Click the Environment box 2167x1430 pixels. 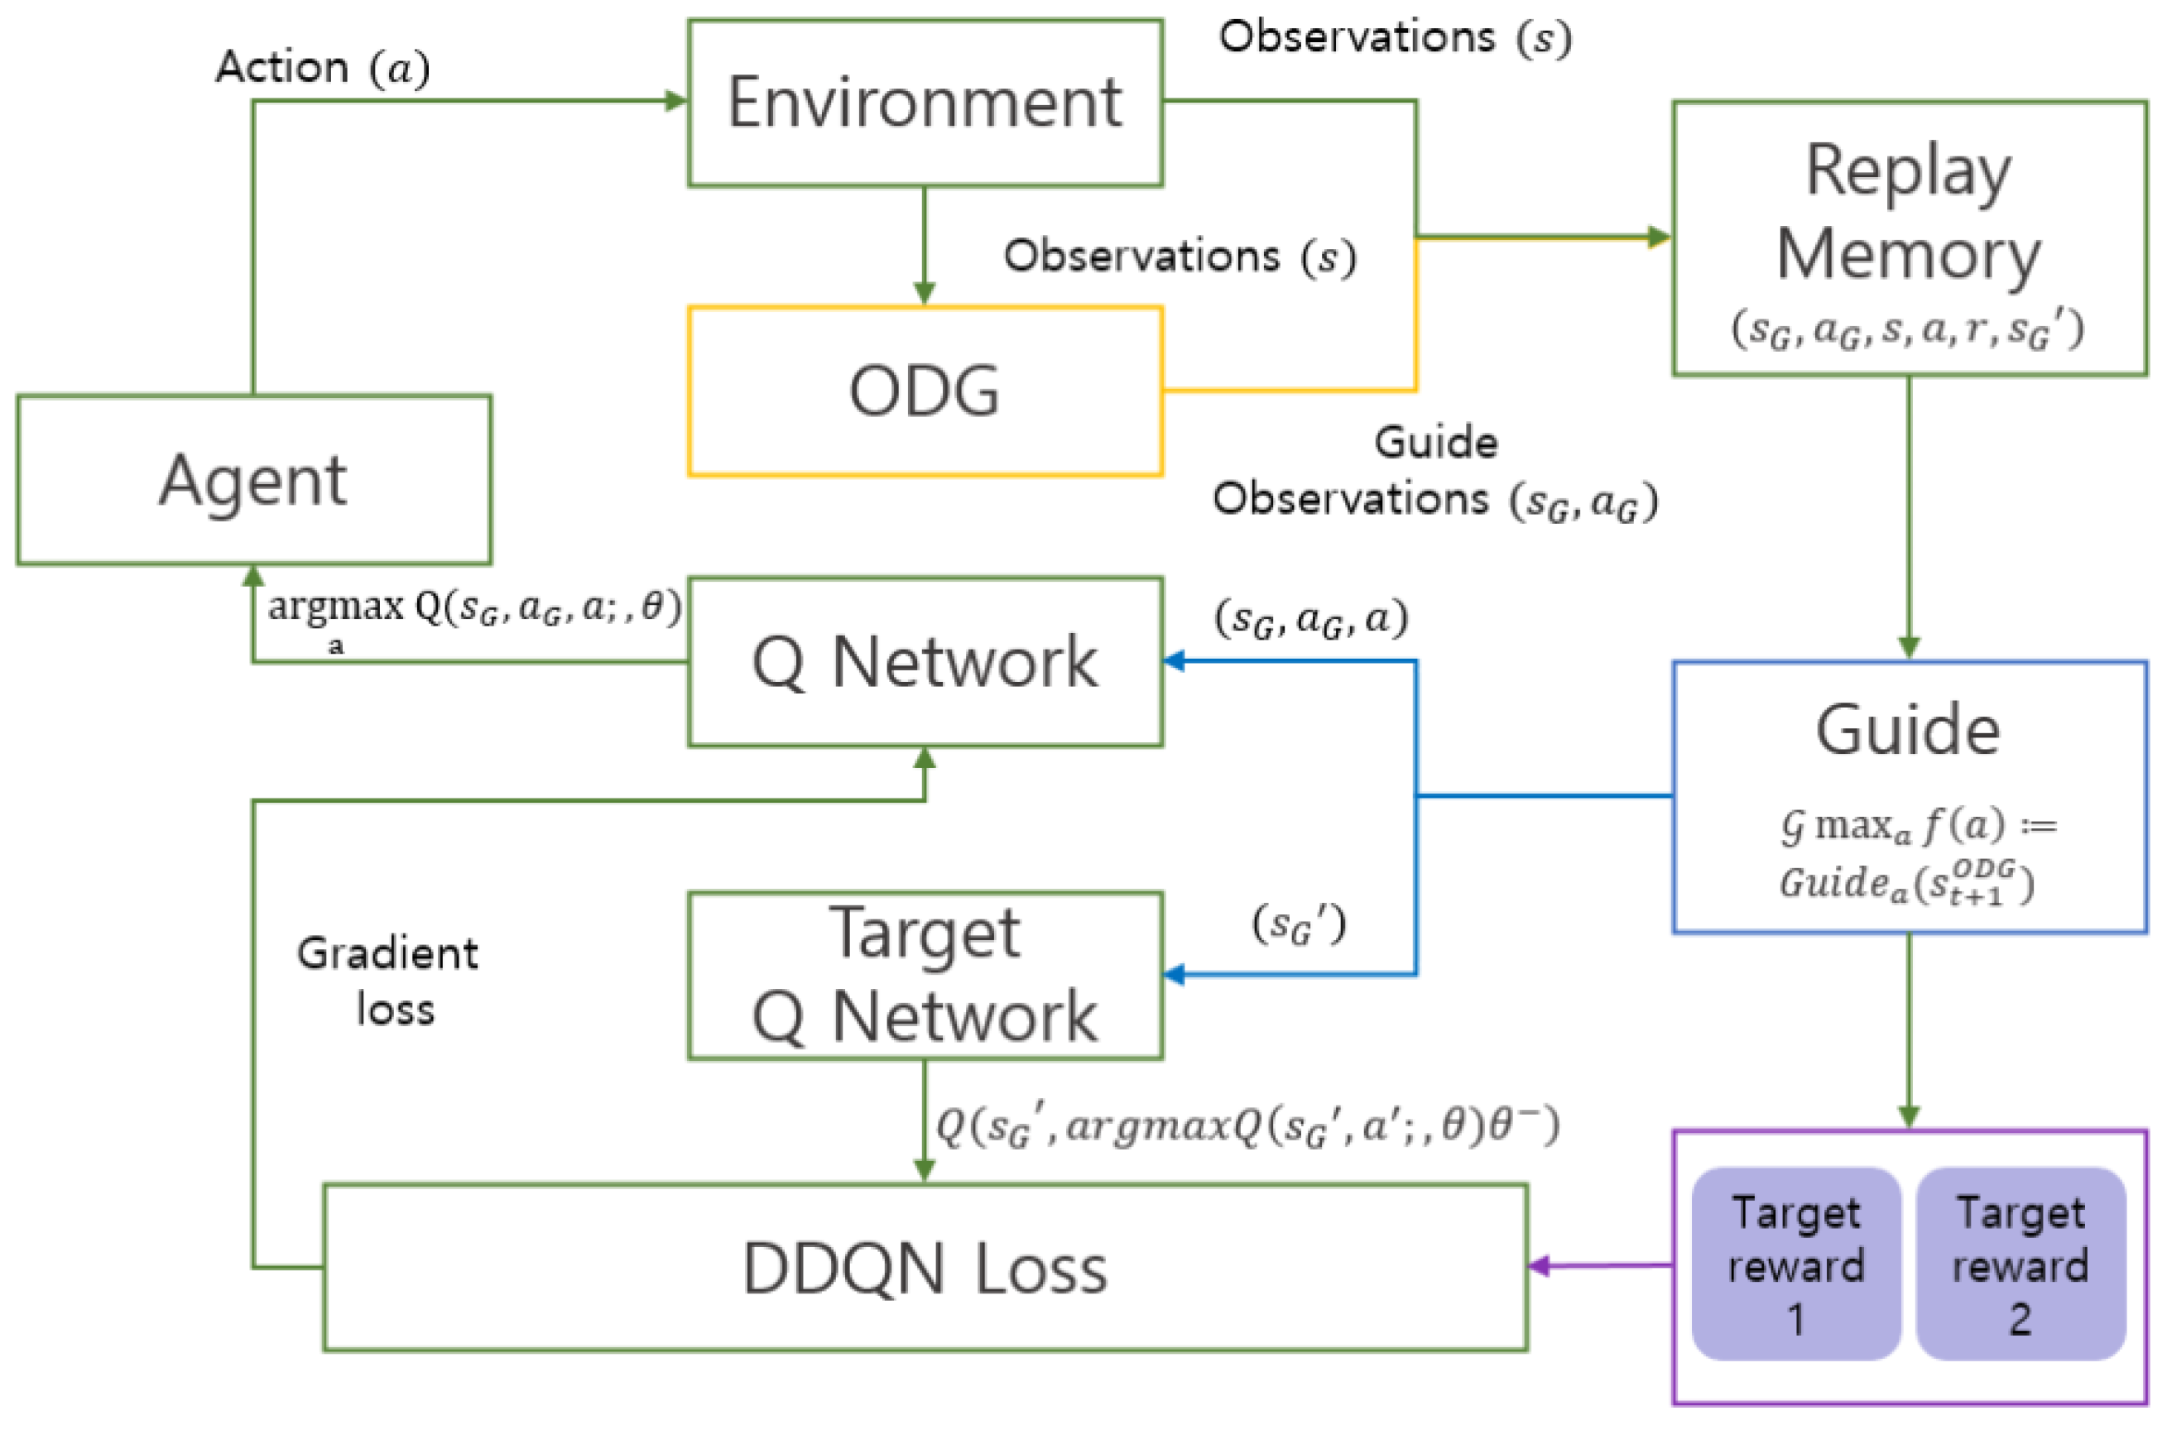(924, 102)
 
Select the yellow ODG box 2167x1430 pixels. (924, 391)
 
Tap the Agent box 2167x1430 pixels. (252, 480)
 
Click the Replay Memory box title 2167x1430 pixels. (1908, 212)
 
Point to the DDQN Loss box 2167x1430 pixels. (924, 1268)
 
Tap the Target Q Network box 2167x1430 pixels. (924, 975)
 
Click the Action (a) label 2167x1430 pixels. (322, 68)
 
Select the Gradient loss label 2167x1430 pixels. (387, 981)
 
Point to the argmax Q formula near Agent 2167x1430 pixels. (473, 609)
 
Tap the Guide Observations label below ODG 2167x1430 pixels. (1434, 473)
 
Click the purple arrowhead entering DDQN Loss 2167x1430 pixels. (1538, 1266)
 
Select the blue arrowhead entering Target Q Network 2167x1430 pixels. (1174, 975)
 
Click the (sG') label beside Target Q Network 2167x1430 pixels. (1298, 927)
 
